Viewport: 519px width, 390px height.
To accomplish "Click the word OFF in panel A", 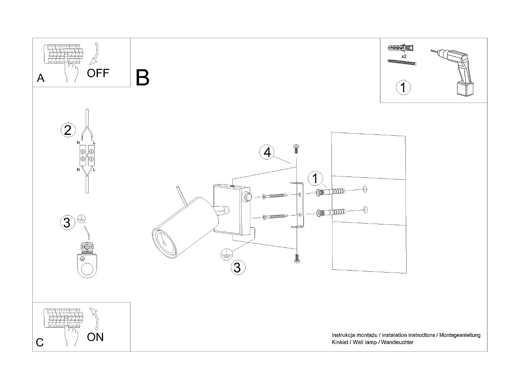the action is point(98,73).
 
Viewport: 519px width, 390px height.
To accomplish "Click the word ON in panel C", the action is point(95,337).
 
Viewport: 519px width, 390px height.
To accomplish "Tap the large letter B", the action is point(142,78).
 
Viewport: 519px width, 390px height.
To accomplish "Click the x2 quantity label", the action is point(404,56).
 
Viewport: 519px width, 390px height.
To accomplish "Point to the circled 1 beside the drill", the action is point(403,87).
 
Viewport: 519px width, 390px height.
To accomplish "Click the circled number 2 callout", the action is point(68,130).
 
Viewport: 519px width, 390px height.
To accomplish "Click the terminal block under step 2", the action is point(87,156).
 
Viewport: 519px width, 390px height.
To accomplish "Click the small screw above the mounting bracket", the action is point(296,149).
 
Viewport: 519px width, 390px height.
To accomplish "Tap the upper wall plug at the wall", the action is point(330,191).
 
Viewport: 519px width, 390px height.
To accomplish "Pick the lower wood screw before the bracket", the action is point(275,216).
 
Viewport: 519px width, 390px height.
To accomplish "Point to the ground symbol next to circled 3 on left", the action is point(81,219).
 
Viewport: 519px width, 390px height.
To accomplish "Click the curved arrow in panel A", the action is point(94,54).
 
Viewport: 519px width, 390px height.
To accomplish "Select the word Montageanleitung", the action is point(460,335).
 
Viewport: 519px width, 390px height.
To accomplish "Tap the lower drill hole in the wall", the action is point(365,209).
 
